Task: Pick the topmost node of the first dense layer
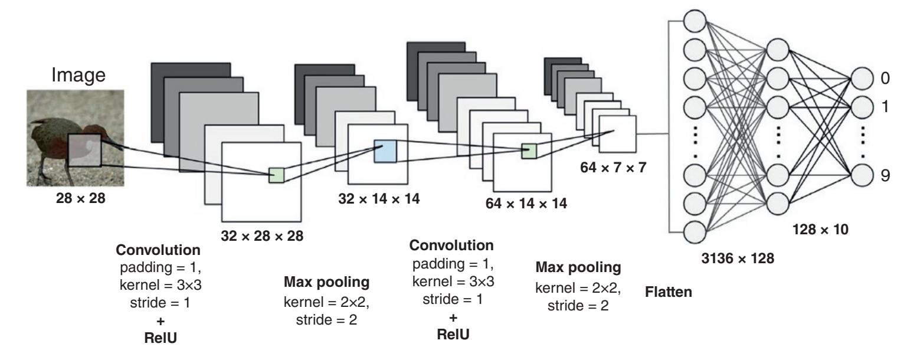pyautogui.click(x=695, y=22)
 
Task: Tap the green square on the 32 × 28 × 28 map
pyautogui.click(x=276, y=175)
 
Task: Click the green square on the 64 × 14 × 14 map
pyautogui.click(x=529, y=151)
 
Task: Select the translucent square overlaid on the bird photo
pyautogui.click(x=84, y=150)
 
